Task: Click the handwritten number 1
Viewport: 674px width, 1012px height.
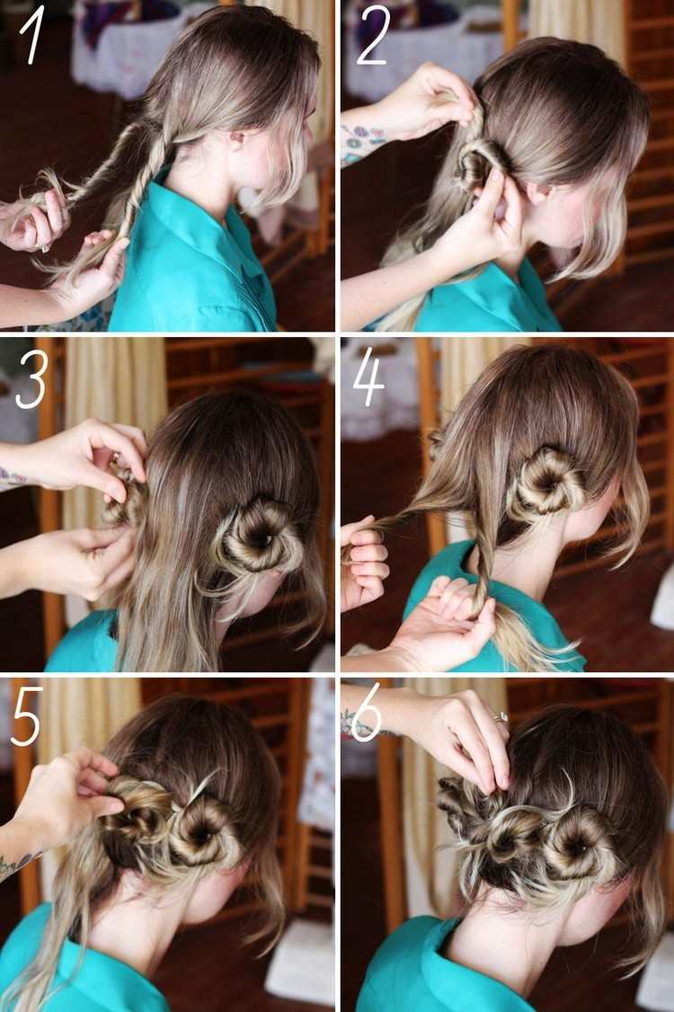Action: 32,38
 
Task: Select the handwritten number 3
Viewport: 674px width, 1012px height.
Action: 31,383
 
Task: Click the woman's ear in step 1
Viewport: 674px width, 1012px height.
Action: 237,138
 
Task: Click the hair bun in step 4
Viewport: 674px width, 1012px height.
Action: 546,482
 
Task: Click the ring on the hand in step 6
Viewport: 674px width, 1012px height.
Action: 501,716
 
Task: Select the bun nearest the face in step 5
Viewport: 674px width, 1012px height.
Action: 200,830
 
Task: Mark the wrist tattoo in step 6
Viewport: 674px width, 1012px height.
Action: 360,724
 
